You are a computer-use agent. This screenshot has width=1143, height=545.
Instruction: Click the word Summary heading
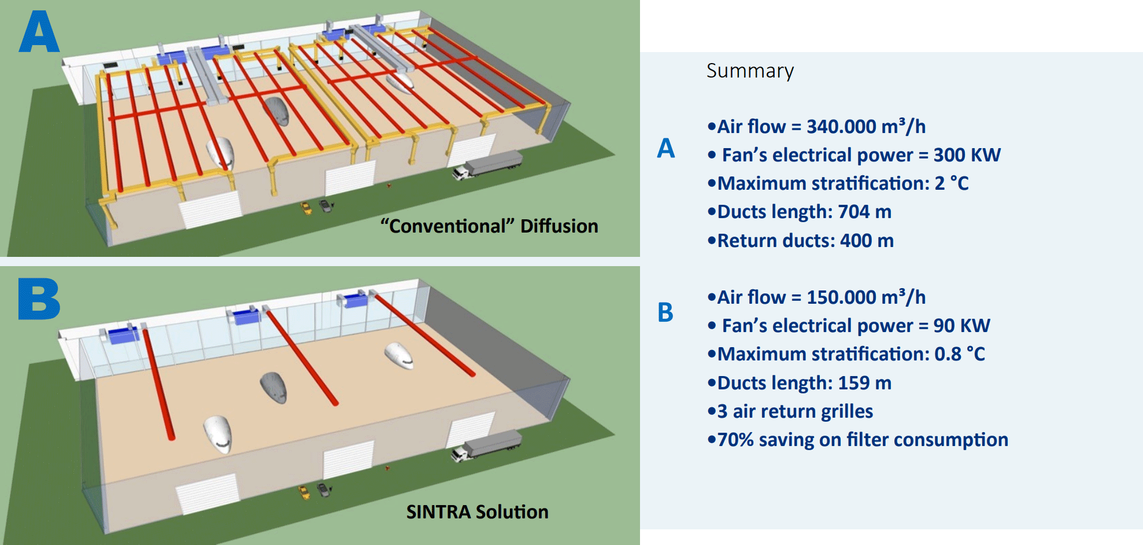coord(750,71)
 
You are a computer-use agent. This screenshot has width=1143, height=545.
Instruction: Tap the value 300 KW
coord(967,155)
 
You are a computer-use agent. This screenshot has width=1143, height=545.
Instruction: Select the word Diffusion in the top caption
coord(559,226)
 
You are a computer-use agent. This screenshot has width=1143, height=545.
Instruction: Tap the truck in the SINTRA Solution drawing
coord(487,446)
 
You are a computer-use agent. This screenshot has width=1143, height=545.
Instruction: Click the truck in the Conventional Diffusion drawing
coord(487,165)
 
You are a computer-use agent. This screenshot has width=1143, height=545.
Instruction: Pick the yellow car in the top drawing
coord(305,208)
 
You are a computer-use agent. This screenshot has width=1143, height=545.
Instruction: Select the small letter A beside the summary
coord(666,149)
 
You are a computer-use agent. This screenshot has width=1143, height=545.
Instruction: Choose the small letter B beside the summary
coord(665,312)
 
